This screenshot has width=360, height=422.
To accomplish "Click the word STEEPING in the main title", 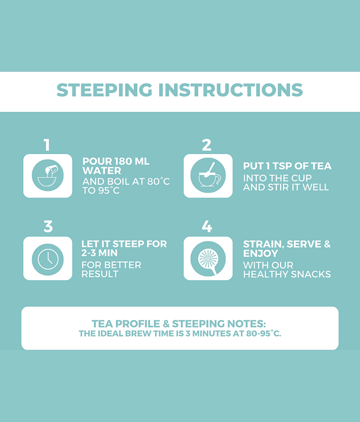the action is point(104,90).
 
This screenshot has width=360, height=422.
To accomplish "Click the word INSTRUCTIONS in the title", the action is point(231,90).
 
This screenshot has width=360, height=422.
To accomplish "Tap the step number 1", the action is point(47,145).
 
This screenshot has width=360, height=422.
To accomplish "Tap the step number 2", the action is point(207,145).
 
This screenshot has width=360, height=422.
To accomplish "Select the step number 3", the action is point(48,227).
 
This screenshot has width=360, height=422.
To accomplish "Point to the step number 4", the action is point(207,227).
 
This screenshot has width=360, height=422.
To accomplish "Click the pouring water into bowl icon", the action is point(48,176).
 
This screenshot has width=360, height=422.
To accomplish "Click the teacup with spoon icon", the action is point(208,176).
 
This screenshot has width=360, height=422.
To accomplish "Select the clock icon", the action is point(48,260).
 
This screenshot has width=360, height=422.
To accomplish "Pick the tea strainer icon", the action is point(208,258).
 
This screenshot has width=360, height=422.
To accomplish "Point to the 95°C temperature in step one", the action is point(109,190).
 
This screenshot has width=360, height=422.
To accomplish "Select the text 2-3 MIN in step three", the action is point(100,253).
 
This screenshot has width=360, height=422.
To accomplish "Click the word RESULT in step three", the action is point(100,274).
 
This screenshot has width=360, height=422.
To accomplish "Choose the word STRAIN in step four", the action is point(264,244).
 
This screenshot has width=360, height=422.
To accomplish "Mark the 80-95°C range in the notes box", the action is point(264,333).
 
